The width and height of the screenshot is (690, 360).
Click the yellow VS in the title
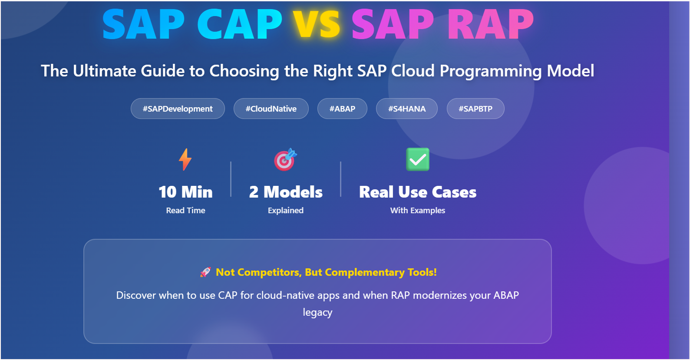tap(316, 24)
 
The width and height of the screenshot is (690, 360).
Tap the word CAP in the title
tap(239, 24)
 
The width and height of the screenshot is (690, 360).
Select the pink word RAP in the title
tap(491, 24)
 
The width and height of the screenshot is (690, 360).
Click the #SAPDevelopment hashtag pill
tap(178, 109)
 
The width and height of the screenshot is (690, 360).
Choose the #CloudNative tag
tap(271, 109)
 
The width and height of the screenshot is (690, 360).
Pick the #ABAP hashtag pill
tap(342, 109)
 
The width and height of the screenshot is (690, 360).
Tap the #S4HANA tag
tap(407, 109)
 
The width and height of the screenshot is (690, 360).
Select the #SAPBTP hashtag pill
tap(475, 109)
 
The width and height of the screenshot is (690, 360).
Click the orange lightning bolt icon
tap(185, 159)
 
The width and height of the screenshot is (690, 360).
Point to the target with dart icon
tap(285, 159)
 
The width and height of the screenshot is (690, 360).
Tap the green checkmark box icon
tap(418, 159)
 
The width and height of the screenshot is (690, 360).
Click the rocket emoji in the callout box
tap(205, 272)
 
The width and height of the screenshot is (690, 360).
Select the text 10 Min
tap(185, 192)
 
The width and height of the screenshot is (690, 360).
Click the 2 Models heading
tap(286, 192)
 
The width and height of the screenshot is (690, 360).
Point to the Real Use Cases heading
tap(418, 192)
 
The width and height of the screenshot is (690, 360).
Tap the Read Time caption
tap(186, 210)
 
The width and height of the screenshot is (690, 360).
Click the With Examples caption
tap(418, 210)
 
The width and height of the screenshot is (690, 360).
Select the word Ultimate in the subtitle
tap(104, 71)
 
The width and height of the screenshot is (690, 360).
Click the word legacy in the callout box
tap(317, 313)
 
